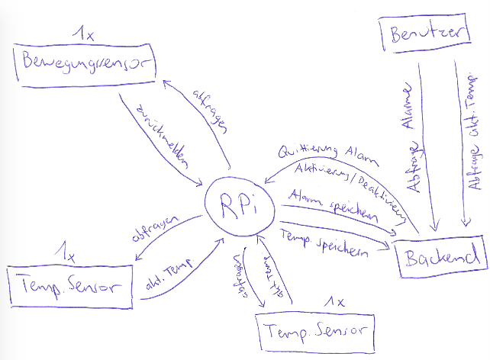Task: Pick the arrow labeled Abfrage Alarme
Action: pyautogui.click(x=427, y=145)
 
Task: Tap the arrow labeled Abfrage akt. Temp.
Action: pyautogui.click(x=462, y=145)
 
